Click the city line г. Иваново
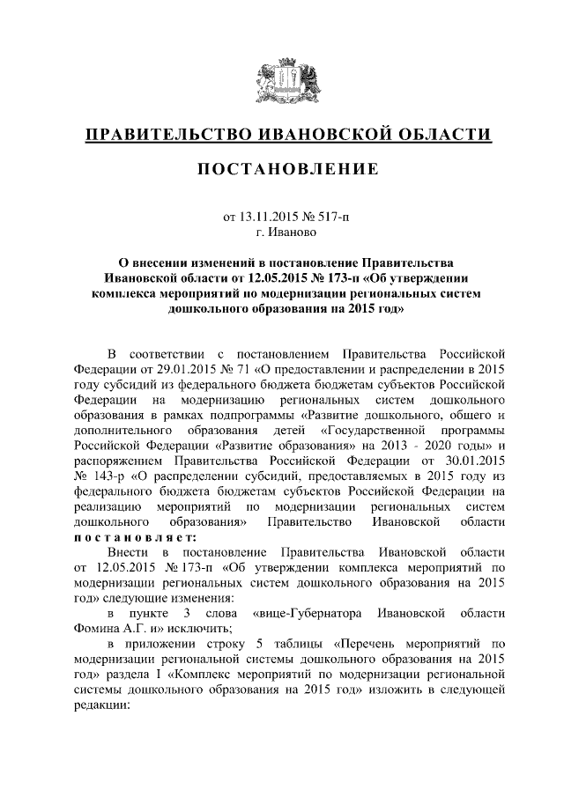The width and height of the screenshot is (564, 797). pyautogui.click(x=281, y=232)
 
